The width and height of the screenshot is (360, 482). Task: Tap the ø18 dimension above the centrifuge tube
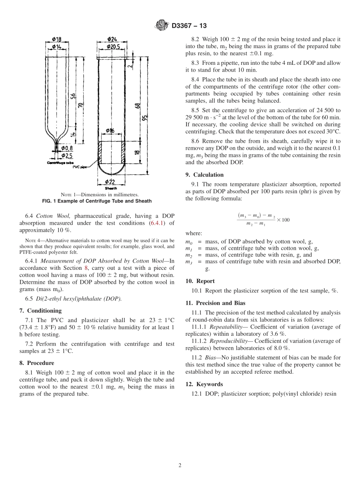tap(56, 39)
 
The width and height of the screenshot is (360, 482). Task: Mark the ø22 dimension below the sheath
tap(111, 182)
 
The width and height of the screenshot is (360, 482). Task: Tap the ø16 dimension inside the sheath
tap(110, 131)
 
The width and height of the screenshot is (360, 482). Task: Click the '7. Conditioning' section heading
tap(40, 311)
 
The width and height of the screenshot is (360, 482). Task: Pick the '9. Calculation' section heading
tap(204, 175)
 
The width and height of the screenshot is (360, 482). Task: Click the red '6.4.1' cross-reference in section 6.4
tap(157, 223)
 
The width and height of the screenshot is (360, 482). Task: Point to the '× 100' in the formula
tap(283, 220)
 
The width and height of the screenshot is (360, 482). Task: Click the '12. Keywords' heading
tap(204, 384)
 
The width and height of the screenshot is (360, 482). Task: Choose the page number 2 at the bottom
tap(180, 466)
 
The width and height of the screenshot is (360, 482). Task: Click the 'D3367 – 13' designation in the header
tap(189, 26)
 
